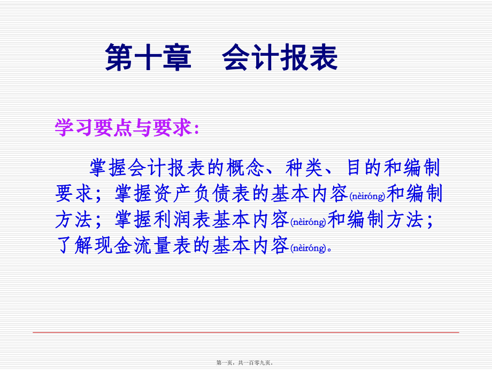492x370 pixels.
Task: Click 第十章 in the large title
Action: click(x=148, y=57)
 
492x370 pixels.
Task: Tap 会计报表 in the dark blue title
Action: click(x=280, y=57)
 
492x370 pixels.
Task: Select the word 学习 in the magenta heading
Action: click(x=74, y=127)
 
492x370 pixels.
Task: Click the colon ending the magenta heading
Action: click(x=197, y=129)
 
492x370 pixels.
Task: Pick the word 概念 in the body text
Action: click(x=245, y=168)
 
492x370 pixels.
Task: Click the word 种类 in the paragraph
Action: click(x=304, y=168)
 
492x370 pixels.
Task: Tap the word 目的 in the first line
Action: click(x=364, y=168)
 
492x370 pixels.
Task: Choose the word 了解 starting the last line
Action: click(x=74, y=245)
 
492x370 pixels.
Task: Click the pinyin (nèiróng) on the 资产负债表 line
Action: click(x=367, y=197)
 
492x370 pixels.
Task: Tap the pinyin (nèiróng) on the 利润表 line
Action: click(x=309, y=222)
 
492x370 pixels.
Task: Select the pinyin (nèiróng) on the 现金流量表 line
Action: click(x=309, y=248)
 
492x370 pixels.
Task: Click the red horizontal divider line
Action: click(x=245, y=332)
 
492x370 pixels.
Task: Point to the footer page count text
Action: click(x=245, y=363)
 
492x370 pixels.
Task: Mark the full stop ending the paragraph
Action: click(x=329, y=250)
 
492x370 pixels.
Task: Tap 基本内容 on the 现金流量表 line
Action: click(x=250, y=245)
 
